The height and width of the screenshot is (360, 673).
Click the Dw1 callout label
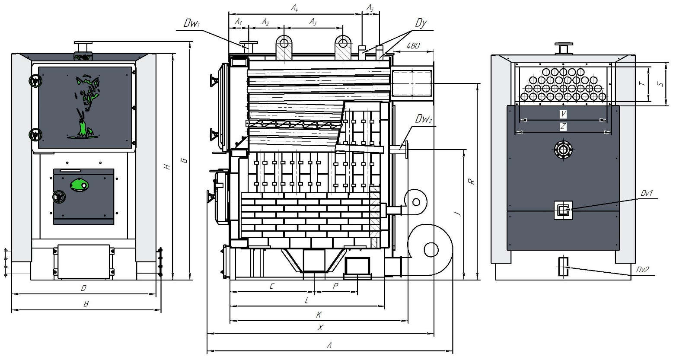[x=191, y=23]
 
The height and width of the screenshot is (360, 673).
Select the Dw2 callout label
[x=424, y=119]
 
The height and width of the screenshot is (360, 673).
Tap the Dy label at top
[x=421, y=23]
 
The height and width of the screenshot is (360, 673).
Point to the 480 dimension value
[x=413, y=46]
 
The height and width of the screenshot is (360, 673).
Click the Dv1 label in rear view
[x=647, y=193]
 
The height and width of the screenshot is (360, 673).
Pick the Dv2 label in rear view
[x=642, y=270]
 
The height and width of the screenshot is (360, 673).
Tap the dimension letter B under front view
[x=86, y=304]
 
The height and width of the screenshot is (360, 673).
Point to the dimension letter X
[x=321, y=327]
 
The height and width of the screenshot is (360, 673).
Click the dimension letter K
[x=319, y=315]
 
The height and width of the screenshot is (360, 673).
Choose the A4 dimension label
[x=294, y=8]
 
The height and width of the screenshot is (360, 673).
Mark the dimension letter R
[x=472, y=182]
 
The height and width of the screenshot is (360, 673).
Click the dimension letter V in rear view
[x=563, y=114]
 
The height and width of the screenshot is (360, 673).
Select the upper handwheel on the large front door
[x=35, y=81]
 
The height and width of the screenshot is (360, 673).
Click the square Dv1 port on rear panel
[x=563, y=210]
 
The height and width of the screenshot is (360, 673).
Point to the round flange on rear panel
[x=563, y=150]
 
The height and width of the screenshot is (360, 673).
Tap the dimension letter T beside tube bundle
[x=642, y=83]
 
